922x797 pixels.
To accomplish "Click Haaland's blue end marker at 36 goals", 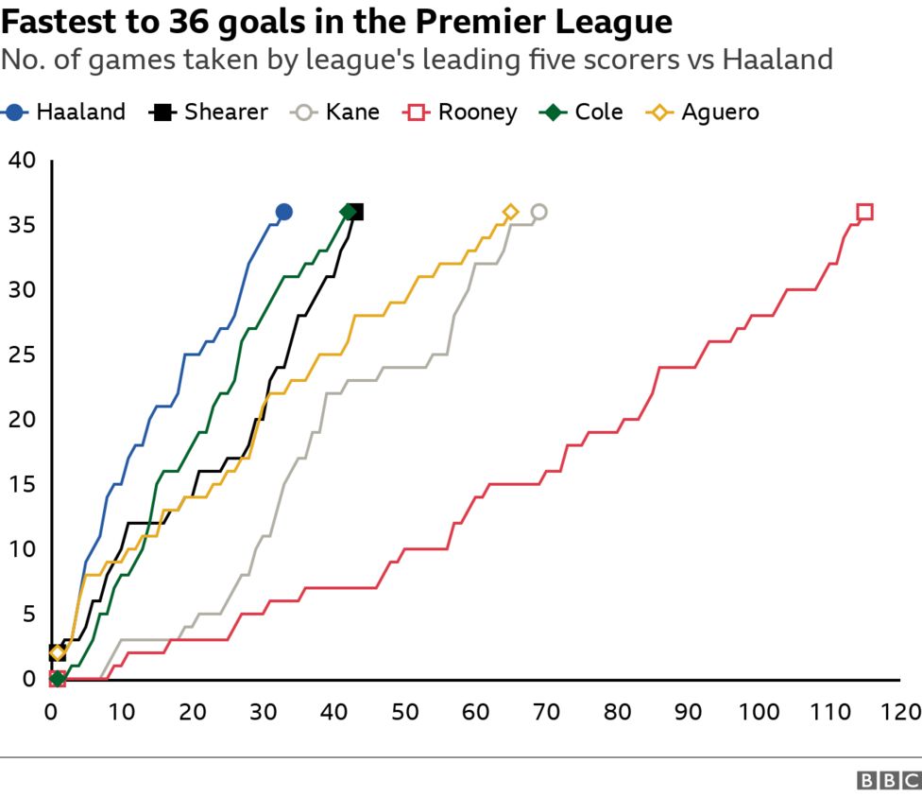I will pyautogui.click(x=283, y=212).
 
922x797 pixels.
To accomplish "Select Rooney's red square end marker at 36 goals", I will pyautogui.click(x=864, y=212).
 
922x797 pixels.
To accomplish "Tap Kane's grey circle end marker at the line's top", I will pyautogui.click(x=539, y=212).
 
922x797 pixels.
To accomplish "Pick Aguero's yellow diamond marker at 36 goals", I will pyautogui.click(x=511, y=212).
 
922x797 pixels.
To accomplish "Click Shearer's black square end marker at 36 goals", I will pyautogui.click(x=356, y=212).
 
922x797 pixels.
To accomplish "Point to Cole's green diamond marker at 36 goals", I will pyautogui.click(x=348, y=212).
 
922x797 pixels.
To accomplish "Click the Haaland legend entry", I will pyautogui.click(x=66, y=112).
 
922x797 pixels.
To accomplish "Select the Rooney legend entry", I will pyautogui.click(x=462, y=112).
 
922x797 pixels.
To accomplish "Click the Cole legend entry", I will pyautogui.click(x=582, y=112).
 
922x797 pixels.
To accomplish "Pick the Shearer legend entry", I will pyautogui.click(x=209, y=112).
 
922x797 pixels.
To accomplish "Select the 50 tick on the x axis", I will pyautogui.click(x=405, y=710).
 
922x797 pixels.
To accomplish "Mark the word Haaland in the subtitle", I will pyautogui.click(x=777, y=60).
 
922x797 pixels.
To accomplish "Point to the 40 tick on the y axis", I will pyautogui.click(x=22, y=161).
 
